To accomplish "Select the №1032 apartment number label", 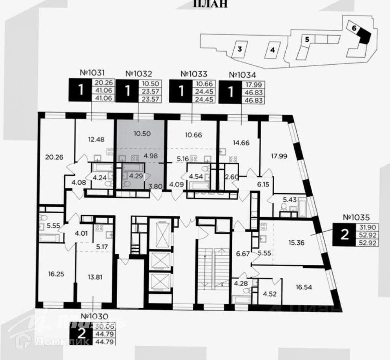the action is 138,74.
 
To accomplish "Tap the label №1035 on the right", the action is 357,217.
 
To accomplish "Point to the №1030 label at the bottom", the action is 94,316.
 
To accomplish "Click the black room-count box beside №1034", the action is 231,92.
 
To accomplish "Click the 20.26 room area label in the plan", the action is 54,157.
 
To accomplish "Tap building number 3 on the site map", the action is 240,49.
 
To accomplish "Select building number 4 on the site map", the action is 272,50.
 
